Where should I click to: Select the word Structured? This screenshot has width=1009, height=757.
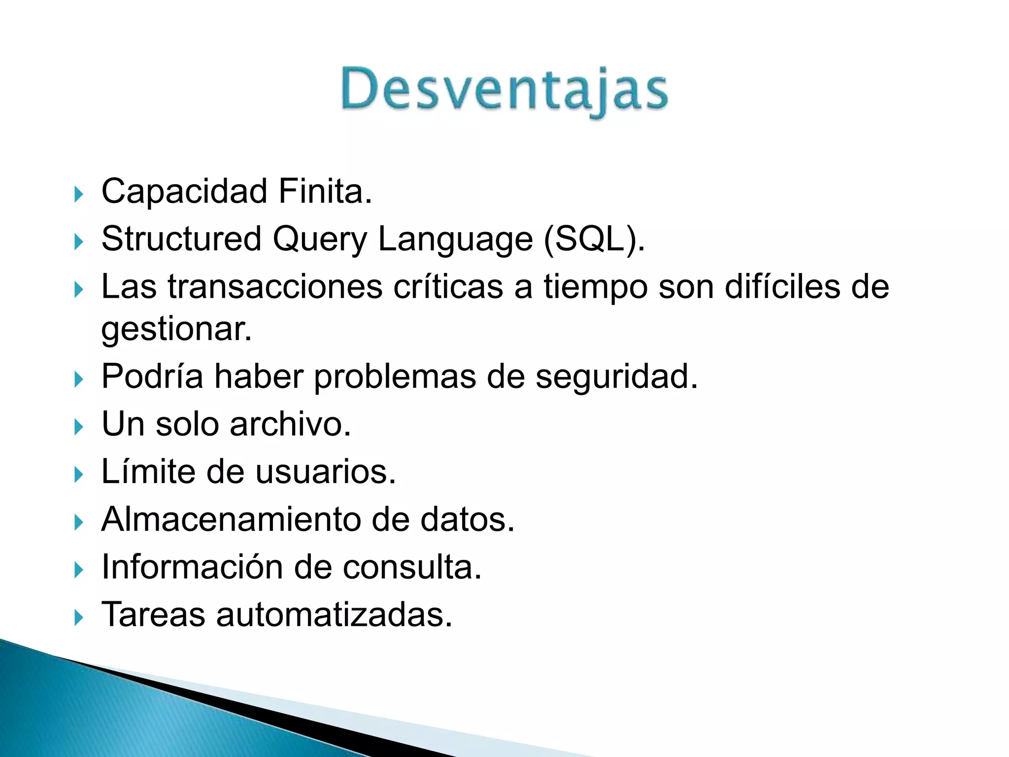point(181,239)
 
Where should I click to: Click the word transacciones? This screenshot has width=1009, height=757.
point(275,287)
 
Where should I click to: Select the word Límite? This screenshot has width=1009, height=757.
point(148,472)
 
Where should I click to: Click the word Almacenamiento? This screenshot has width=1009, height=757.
point(231,519)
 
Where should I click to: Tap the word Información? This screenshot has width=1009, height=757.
point(192,567)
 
